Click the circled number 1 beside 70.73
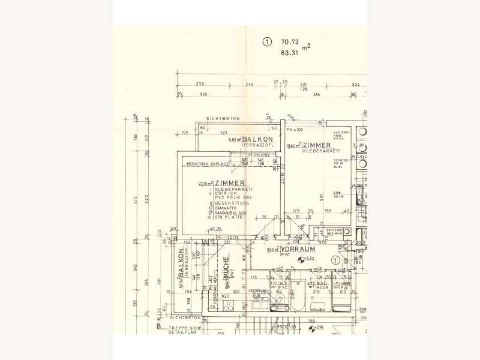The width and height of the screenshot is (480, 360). pos(266,42)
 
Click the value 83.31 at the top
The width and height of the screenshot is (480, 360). pos(290,53)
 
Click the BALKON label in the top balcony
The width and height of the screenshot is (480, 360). pos(254,139)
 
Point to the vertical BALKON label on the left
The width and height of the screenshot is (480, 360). pos(180,266)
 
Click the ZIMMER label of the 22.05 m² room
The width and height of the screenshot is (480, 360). pos(229,183)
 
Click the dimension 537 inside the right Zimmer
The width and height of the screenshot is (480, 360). pos(321,196)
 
